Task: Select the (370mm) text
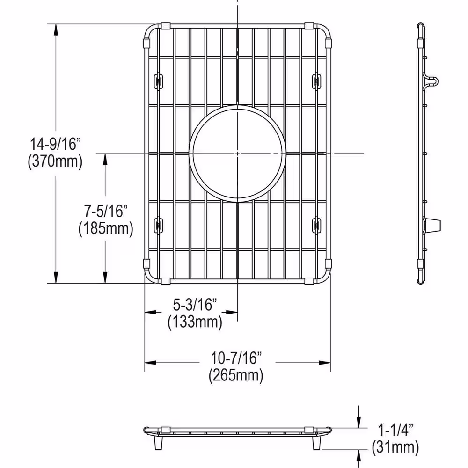point(55,161)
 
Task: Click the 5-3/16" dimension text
point(195,305)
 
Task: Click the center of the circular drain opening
point(237,154)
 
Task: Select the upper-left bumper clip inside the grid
point(158,80)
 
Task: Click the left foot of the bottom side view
point(156,442)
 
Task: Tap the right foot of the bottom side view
point(317,442)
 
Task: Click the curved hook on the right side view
point(433,80)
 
